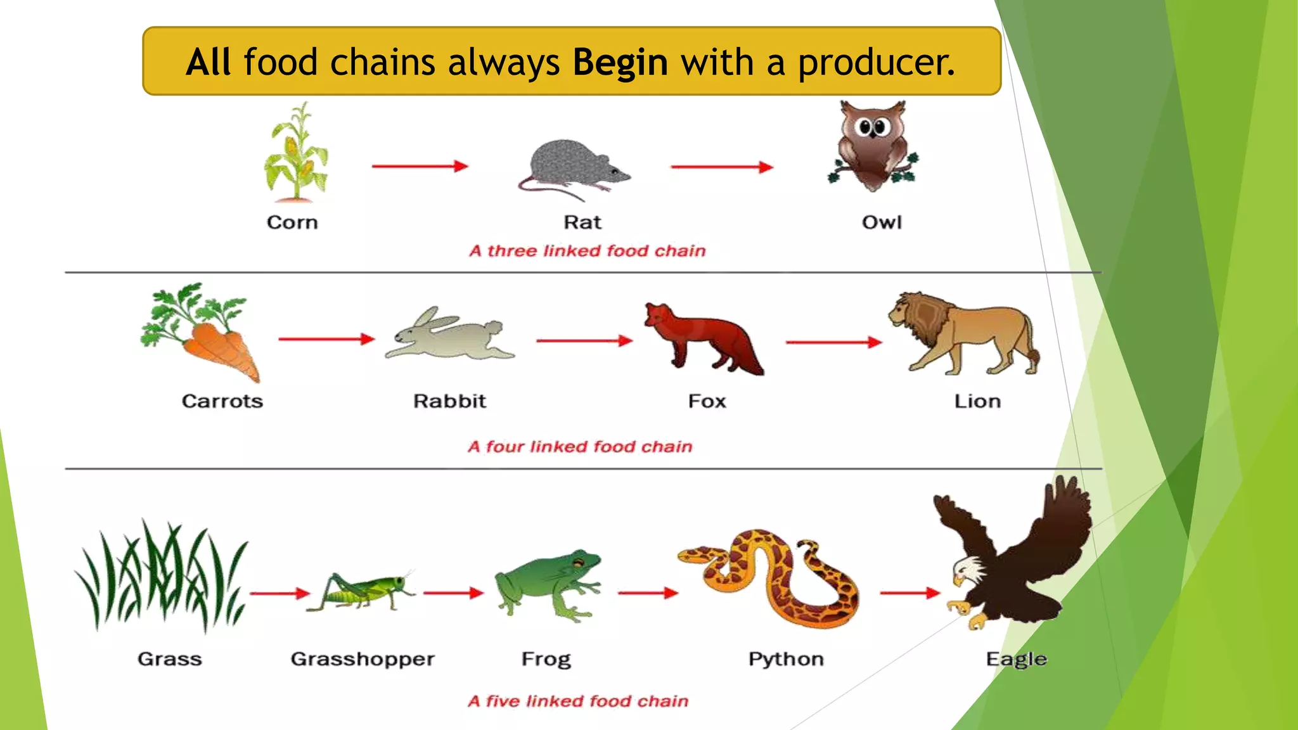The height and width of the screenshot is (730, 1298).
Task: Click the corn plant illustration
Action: (x=296, y=155)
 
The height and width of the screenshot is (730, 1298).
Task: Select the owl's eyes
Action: (x=873, y=128)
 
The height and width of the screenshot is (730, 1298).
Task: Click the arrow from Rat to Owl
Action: (x=722, y=167)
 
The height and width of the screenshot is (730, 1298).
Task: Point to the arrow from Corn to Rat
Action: (x=420, y=167)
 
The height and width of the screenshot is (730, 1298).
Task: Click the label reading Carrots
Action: (x=222, y=401)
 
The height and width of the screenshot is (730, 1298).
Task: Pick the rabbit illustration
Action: (x=450, y=335)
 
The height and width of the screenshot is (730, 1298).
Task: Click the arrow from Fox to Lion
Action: (x=833, y=342)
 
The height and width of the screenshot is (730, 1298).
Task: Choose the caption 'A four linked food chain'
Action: (x=580, y=447)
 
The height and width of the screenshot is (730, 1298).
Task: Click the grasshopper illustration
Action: (x=361, y=592)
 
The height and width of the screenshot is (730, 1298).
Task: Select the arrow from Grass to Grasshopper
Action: (x=280, y=594)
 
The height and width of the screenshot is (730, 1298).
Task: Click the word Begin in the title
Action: (x=620, y=62)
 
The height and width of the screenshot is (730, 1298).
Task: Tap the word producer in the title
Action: (x=876, y=62)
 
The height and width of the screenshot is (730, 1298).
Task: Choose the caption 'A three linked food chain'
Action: (x=587, y=251)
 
